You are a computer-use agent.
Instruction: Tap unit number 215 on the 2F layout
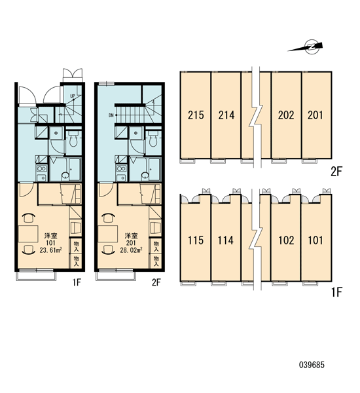click(x=196, y=115)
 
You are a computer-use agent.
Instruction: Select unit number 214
click(x=226, y=115)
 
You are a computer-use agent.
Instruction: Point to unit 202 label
click(x=286, y=115)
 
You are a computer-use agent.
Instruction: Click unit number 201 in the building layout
click(x=315, y=115)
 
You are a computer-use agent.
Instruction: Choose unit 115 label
click(x=196, y=240)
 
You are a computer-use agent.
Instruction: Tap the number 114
click(x=226, y=240)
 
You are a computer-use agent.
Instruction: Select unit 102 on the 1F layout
click(x=286, y=240)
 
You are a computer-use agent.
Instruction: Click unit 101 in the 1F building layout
click(x=315, y=240)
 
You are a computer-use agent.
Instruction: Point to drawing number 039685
click(x=312, y=365)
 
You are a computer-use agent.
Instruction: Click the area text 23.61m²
click(x=51, y=250)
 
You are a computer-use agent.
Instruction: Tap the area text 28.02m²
click(x=131, y=250)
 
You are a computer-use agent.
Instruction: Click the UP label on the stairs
click(x=73, y=96)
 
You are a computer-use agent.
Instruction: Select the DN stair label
click(x=111, y=115)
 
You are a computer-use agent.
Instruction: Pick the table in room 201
click(x=108, y=234)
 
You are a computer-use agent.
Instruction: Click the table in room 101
click(x=28, y=234)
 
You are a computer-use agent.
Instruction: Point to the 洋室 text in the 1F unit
click(x=50, y=236)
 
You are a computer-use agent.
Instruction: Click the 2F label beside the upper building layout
click(x=336, y=172)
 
